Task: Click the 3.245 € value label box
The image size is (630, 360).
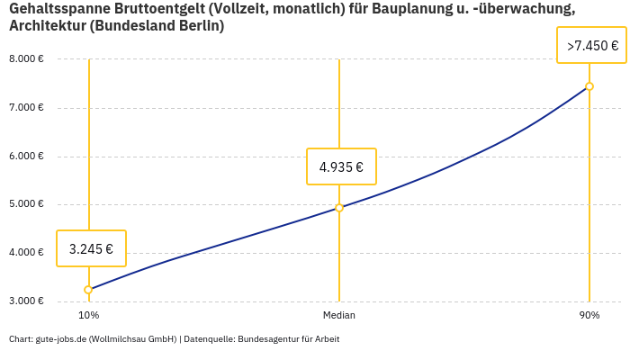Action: (91, 248)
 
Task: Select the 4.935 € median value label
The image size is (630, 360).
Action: (341, 166)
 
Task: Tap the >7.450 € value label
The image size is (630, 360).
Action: (592, 46)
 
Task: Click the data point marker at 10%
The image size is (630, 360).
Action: (88, 290)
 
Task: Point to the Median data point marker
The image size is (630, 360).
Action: (339, 208)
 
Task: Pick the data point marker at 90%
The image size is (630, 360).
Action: (589, 86)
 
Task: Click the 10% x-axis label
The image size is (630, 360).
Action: (88, 316)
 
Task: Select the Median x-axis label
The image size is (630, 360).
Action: (339, 316)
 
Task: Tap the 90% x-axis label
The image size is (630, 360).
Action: (589, 316)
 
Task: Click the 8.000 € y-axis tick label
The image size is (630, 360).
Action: (26, 59)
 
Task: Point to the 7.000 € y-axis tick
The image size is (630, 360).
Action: (26, 108)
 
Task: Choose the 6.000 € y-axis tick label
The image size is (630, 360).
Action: (26, 157)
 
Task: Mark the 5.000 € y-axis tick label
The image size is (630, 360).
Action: (26, 204)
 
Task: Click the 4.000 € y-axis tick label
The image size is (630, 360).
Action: (26, 253)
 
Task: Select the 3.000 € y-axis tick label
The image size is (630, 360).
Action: (26, 301)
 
